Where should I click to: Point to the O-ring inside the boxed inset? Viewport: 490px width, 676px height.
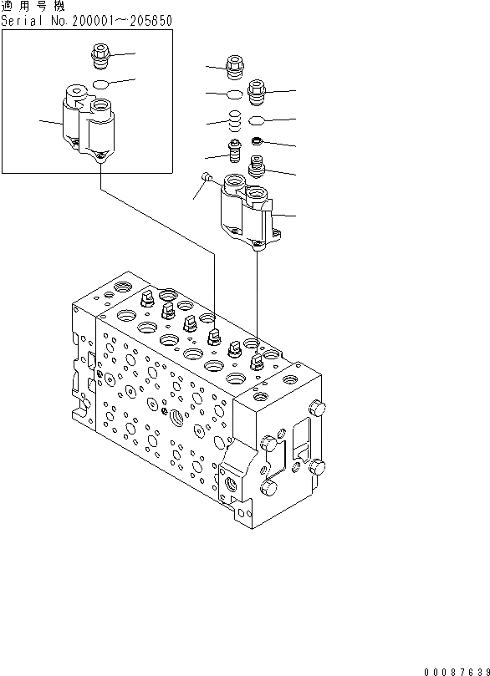click(100, 84)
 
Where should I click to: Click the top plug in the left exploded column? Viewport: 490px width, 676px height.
click(235, 65)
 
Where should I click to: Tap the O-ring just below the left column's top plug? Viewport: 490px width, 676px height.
click(235, 93)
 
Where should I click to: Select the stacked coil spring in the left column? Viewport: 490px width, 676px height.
click(235, 121)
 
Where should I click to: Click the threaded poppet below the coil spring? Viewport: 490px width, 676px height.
click(235, 154)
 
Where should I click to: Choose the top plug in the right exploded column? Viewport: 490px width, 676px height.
click(257, 88)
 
